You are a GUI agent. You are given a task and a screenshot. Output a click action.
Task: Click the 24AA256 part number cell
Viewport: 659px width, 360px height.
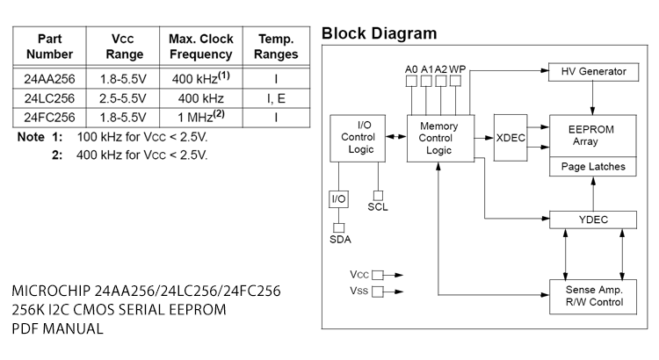[x=49, y=78]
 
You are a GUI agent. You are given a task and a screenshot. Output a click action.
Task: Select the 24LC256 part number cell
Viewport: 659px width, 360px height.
[x=49, y=97]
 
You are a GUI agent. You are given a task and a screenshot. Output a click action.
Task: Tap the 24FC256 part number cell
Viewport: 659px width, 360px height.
[x=49, y=116]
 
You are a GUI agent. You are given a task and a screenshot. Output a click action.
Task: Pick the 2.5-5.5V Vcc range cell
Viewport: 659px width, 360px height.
[x=122, y=97]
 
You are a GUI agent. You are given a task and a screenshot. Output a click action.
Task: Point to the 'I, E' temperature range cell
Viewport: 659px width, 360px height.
[x=275, y=97]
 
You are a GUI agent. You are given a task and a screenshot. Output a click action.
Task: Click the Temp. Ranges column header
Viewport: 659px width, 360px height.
[x=275, y=47]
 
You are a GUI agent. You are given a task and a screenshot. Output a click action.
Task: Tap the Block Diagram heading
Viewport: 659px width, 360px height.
[x=379, y=34]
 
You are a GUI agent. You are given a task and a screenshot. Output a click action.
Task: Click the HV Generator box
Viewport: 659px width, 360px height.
[x=593, y=70]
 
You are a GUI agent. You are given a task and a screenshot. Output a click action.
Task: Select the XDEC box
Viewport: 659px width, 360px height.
[x=511, y=138]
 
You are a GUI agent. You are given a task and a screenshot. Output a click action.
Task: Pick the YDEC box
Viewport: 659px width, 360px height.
[x=593, y=219]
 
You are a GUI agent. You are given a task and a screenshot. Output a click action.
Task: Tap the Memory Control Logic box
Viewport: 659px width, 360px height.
[x=438, y=138]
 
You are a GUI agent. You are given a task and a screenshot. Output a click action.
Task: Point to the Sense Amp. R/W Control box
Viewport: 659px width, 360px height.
[x=593, y=295]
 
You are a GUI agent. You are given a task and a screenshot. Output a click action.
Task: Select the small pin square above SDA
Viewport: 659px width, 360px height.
[x=338, y=227]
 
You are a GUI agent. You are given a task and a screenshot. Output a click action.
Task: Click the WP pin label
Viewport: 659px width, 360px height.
[x=458, y=68]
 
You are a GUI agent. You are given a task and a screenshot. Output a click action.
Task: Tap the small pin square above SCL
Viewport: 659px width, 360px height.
[x=379, y=194]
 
